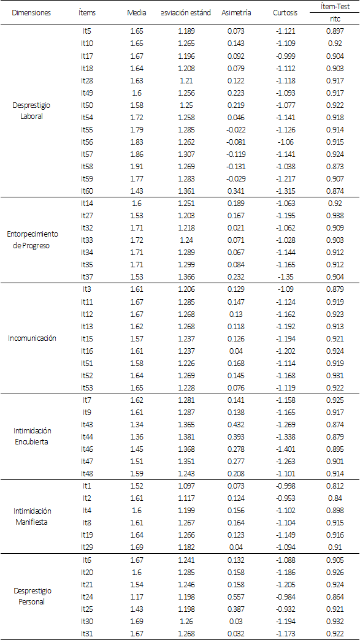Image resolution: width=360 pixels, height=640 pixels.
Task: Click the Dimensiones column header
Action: pyautogui.click(x=31, y=12)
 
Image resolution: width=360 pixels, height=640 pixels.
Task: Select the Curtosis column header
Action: pyautogui.click(x=285, y=12)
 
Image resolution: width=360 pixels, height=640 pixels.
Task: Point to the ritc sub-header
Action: pyautogui.click(x=335, y=18)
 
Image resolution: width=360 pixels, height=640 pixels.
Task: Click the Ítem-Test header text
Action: pyautogui.click(x=335, y=7)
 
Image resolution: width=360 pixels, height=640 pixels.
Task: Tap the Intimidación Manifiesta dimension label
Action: pyautogui.click(x=31, y=516)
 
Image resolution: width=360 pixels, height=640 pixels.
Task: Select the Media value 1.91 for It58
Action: pyautogui.click(x=136, y=166)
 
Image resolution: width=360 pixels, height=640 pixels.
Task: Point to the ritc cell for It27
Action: pyautogui.click(x=335, y=215)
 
